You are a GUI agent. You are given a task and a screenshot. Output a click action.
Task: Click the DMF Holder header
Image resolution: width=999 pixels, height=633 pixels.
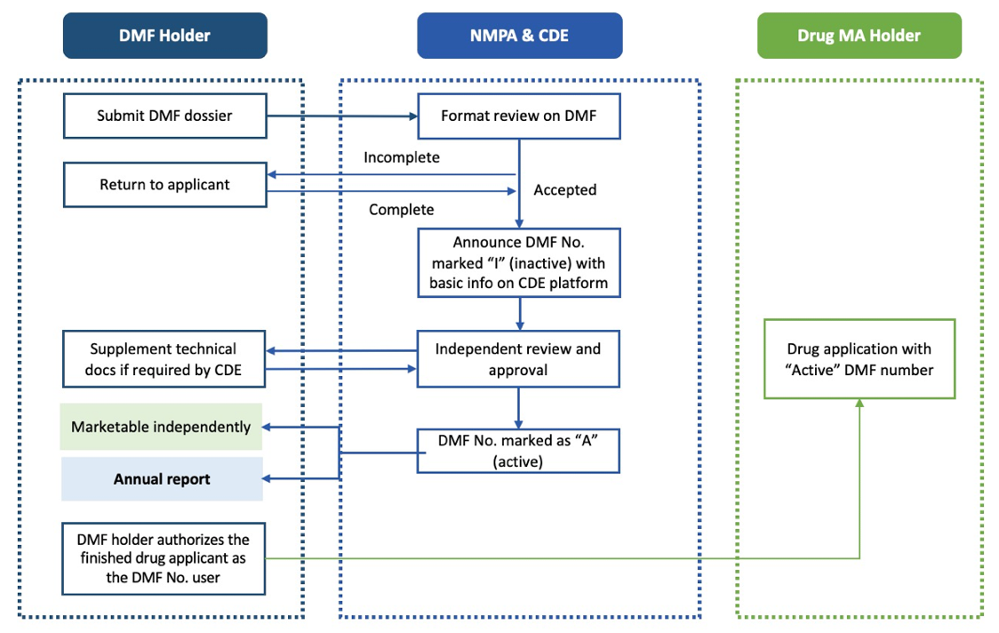point(164,36)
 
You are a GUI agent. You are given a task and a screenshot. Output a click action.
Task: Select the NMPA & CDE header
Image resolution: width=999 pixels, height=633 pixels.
point(519,36)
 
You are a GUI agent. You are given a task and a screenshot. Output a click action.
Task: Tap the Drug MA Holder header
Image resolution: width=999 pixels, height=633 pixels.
point(859,36)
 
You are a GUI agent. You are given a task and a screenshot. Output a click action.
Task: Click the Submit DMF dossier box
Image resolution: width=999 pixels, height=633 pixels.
point(164,116)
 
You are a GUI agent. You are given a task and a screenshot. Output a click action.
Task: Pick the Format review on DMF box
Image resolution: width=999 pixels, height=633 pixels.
point(518,116)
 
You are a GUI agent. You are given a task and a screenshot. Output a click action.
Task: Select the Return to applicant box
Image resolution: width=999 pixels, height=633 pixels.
point(164,185)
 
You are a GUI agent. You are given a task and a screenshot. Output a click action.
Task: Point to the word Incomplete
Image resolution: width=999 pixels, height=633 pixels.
point(402,157)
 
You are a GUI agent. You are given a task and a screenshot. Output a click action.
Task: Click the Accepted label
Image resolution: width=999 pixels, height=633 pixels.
point(564,189)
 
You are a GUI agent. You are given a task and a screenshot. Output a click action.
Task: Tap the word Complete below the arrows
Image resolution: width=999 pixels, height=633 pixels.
point(402,210)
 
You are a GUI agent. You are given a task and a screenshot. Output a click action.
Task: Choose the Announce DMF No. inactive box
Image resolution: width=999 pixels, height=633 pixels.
point(518,262)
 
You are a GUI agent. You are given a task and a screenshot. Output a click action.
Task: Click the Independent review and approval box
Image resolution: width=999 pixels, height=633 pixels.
point(518,359)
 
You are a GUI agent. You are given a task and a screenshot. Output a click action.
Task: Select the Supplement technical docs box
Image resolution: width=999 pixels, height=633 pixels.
point(164,359)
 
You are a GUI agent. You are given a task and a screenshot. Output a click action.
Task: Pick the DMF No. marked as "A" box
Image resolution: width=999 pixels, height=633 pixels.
point(518,450)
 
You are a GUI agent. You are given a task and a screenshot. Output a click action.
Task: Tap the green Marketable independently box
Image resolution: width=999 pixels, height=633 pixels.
point(162,427)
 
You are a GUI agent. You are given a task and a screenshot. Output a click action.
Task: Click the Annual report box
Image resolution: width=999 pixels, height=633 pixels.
point(162,479)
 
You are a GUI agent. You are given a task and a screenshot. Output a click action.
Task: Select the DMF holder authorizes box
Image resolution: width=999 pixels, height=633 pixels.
point(164,559)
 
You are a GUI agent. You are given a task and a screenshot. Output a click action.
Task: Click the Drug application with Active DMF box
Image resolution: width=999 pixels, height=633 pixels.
point(859,359)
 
